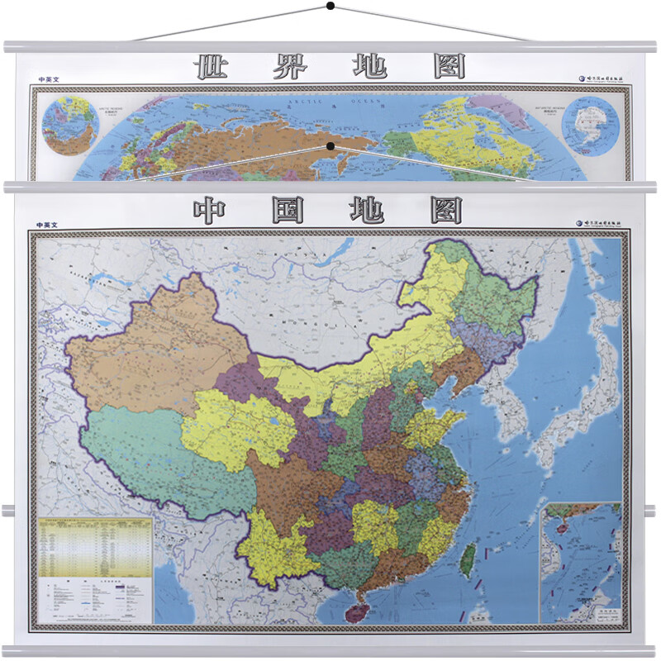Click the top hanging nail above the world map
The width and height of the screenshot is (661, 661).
click(330, 7)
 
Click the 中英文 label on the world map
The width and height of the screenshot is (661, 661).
click(49, 80)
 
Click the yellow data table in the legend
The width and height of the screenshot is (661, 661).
click(95, 545)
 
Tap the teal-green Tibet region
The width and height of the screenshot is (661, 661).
click(157, 463)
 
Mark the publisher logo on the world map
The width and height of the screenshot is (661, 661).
click(598, 79)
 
